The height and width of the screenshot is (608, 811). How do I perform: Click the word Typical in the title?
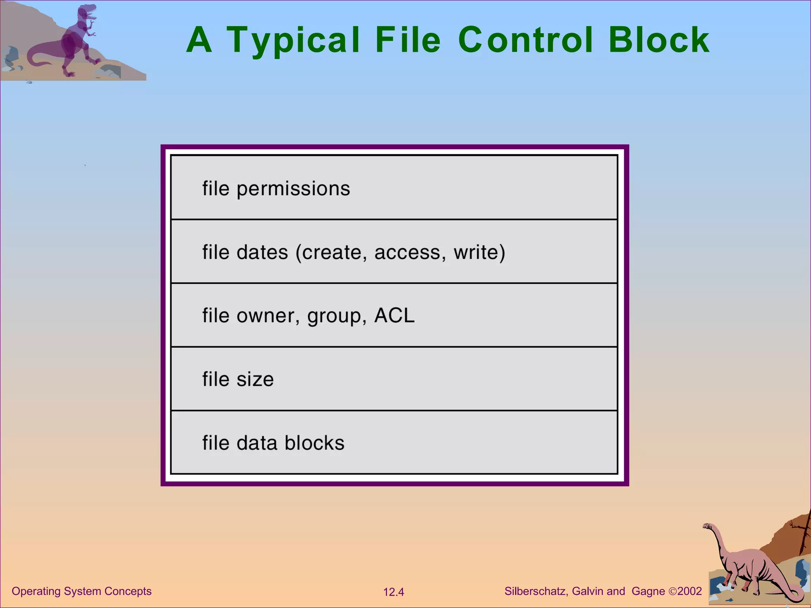click(x=293, y=40)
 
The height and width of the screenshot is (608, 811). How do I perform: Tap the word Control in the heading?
click(x=526, y=40)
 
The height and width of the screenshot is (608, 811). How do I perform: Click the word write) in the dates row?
click(x=480, y=253)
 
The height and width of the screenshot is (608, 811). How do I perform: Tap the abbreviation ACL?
click(x=394, y=315)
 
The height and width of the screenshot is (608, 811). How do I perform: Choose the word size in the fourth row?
click(x=255, y=380)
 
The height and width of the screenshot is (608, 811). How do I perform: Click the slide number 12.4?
click(x=394, y=592)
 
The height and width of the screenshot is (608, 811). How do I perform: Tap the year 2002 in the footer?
click(x=689, y=591)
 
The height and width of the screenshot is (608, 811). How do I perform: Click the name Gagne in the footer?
click(x=648, y=591)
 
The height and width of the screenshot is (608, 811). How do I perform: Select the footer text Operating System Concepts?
click(x=82, y=591)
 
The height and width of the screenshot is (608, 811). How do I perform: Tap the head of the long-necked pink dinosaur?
click(x=707, y=526)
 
